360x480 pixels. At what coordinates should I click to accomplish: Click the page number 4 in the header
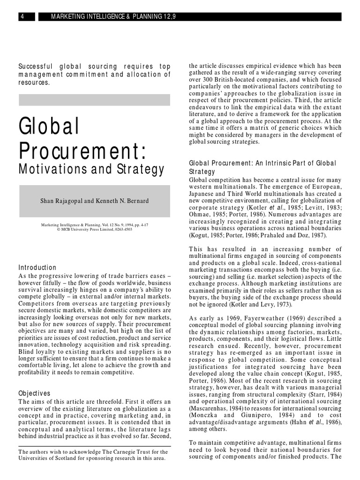click(x=21, y=17)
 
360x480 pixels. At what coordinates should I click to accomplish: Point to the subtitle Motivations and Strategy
click(x=91, y=169)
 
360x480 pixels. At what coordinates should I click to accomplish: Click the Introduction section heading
click(x=37, y=267)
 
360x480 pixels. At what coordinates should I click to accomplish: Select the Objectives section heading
click(x=34, y=393)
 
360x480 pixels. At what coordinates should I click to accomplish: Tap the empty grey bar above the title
click(x=94, y=99)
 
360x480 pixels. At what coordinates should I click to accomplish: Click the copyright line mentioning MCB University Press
click(x=94, y=230)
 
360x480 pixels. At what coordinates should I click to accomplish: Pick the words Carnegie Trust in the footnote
click(x=119, y=451)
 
